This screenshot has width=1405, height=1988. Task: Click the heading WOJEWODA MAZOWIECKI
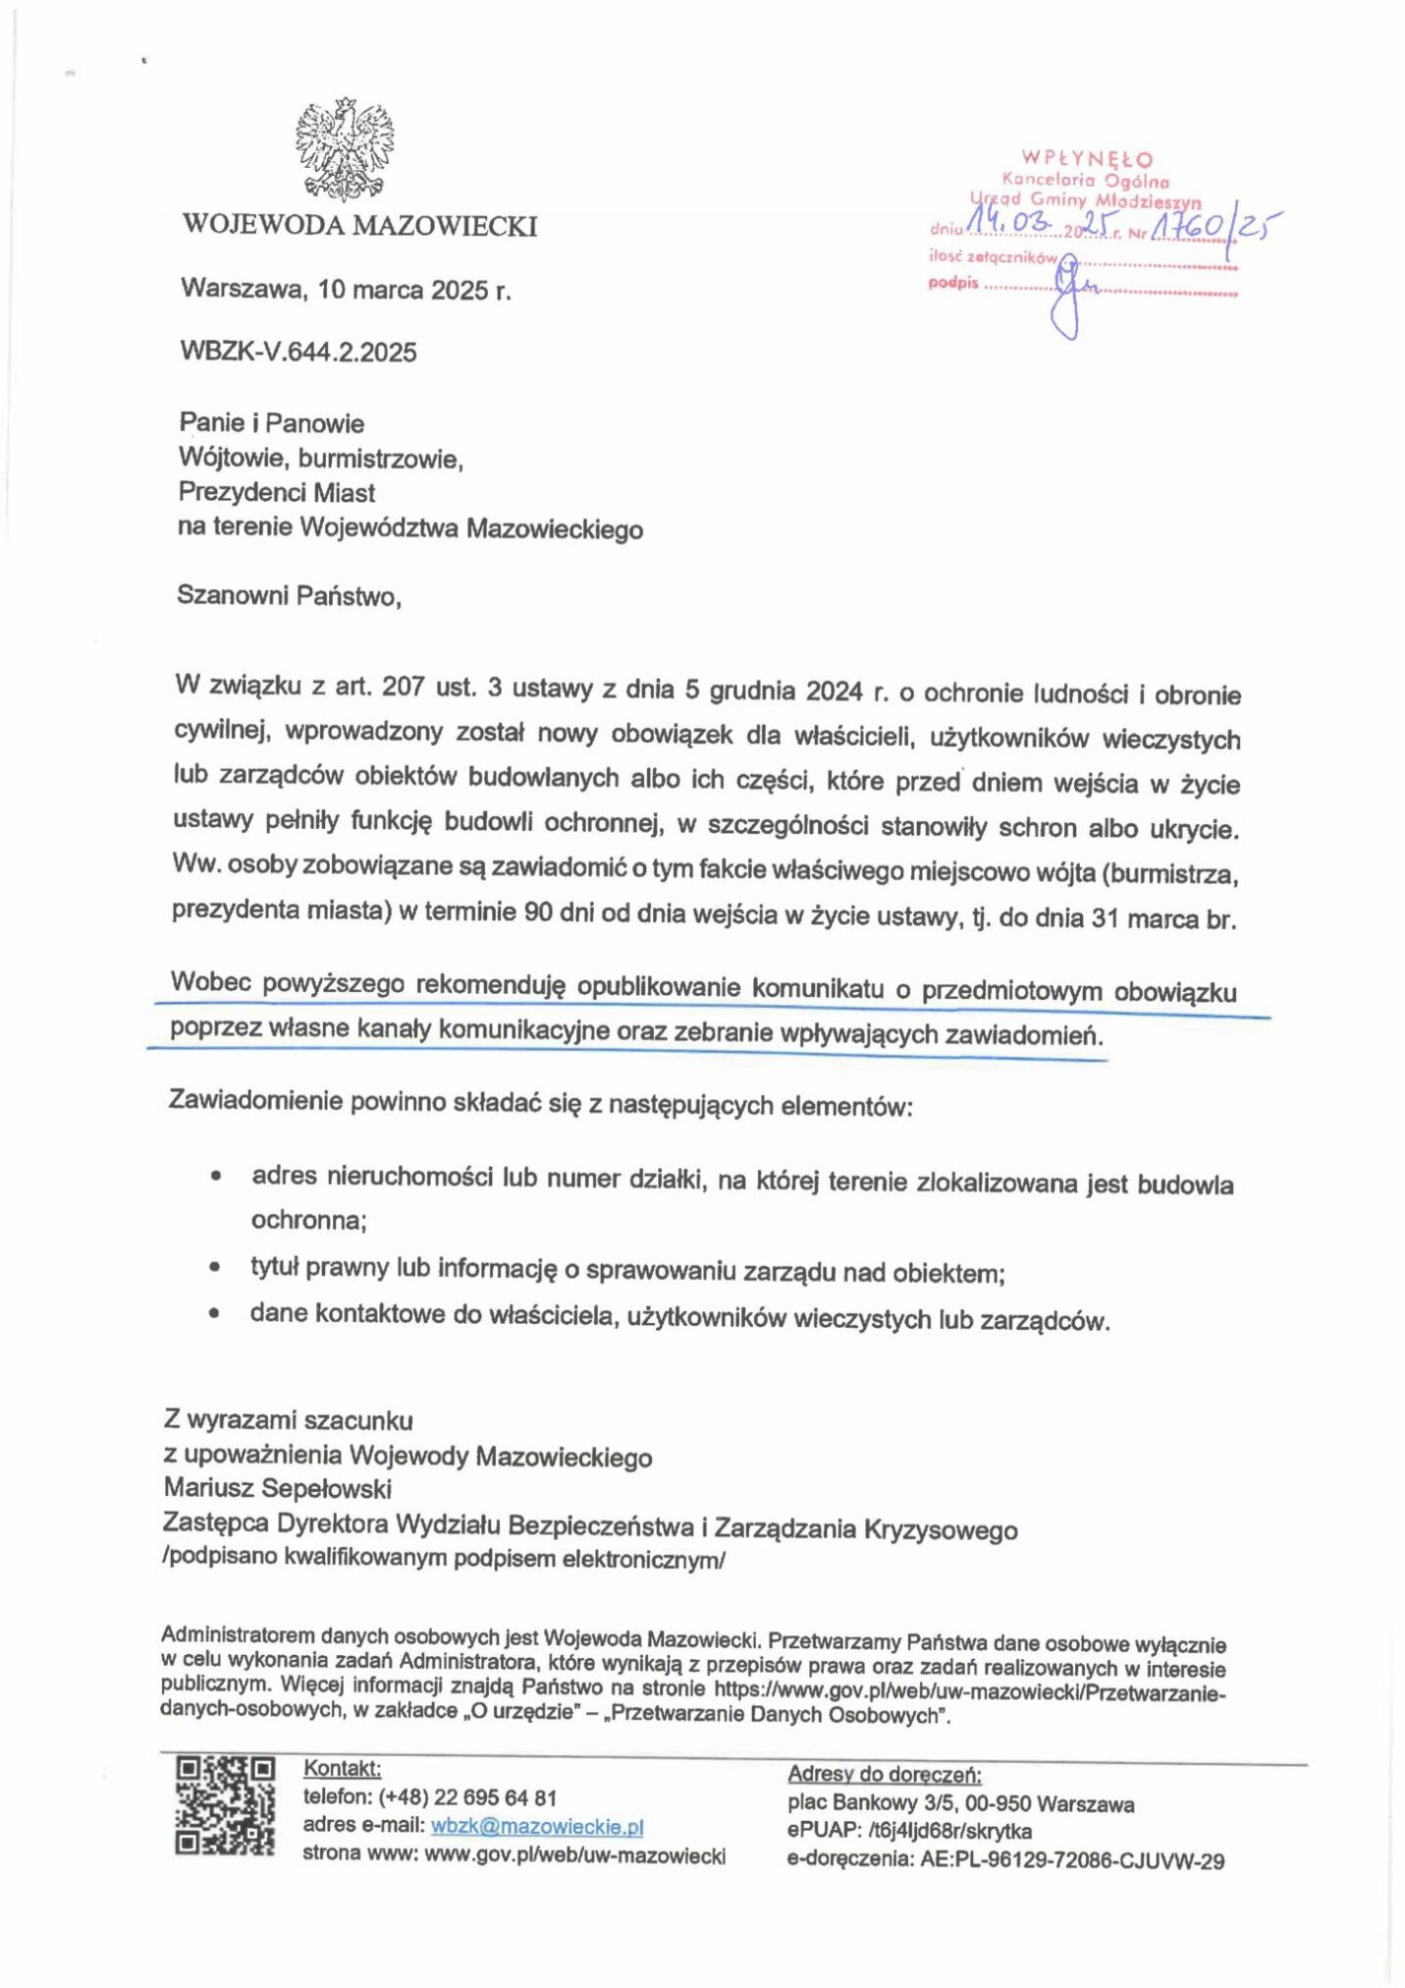click(359, 226)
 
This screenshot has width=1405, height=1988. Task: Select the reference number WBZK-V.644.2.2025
click(298, 352)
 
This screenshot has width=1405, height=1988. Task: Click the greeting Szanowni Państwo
click(289, 595)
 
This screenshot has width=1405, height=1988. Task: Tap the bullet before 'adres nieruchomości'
click(215, 1175)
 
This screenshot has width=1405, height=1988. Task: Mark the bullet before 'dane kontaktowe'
click(214, 1313)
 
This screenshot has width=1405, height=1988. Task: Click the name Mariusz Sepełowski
click(278, 1489)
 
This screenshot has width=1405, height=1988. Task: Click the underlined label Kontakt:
click(342, 1769)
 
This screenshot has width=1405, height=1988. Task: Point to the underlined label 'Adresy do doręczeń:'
click(884, 1774)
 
